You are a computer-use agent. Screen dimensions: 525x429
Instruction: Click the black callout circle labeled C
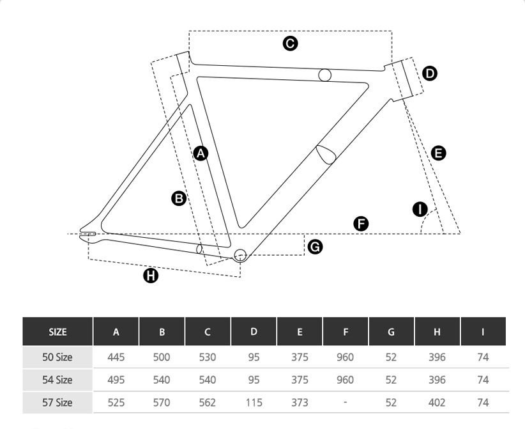click(x=291, y=43)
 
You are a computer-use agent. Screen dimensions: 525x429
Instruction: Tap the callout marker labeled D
click(x=430, y=74)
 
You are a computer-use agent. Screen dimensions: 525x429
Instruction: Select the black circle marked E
click(x=438, y=153)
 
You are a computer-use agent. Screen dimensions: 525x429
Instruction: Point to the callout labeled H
click(x=151, y=276)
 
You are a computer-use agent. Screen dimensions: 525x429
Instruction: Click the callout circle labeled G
click(x=315, y=247)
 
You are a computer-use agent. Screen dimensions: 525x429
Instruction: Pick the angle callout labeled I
click(x=420, y=210)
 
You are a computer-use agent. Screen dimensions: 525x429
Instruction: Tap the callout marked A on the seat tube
click(x=201, y=153)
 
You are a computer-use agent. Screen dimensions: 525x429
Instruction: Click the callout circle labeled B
click(x=179, y=198)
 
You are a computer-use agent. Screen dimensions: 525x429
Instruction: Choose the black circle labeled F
click(x=361, y=224)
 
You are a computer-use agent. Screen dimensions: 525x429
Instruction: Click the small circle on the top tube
click(x=324, y=75)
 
